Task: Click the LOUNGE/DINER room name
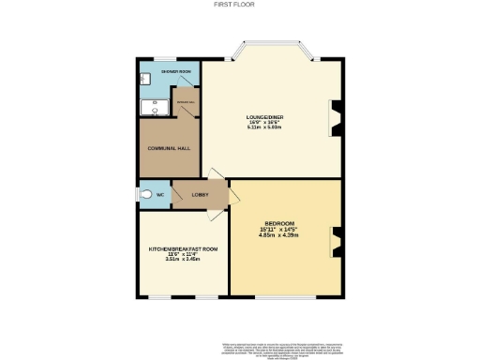pos(265,116)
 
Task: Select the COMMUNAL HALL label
pos(168,148)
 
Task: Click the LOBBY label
pos(201,195)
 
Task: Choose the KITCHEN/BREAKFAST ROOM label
pos(183,248)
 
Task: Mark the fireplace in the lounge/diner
pos(336,116)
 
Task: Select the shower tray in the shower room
pos(154,108)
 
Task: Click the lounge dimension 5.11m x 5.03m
pos(265,127)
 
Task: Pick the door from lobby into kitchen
pos(218,212)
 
